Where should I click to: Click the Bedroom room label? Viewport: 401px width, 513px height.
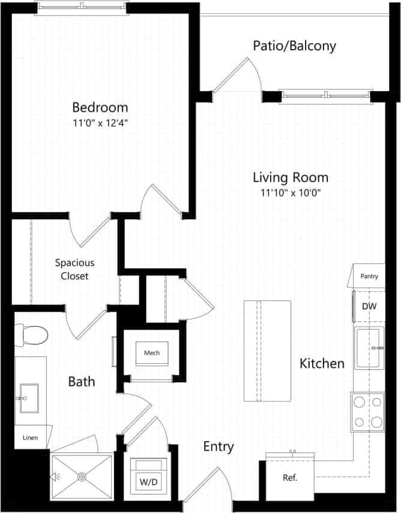[x=100, y=108]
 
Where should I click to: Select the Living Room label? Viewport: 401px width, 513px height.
[x=290, y=177]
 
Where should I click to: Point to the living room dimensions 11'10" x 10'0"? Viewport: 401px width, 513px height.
[x=290, y=192]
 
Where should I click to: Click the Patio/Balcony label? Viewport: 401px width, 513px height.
[x=294, y=46]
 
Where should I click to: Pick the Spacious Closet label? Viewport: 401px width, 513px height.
[x=74, y=269]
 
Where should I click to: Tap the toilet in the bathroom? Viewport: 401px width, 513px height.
[x=32, y=335]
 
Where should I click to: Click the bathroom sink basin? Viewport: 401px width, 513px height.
[x=28, y=398]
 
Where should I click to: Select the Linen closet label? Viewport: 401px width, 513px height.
[x=30, y=438]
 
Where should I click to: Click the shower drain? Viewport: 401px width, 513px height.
[x=82, y=477]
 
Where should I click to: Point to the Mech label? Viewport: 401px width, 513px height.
[x=152, y=352]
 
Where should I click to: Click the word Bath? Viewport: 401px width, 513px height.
[x=81, y=382]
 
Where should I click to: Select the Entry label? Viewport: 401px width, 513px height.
[x=219, y=446]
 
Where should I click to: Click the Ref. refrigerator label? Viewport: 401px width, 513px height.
[x=290, y=478]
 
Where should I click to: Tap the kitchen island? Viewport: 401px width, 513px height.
[x=267, y=351]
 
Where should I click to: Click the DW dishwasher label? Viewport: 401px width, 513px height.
[x=369, y=306]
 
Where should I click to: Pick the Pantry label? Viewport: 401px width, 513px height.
[x=369, y=276]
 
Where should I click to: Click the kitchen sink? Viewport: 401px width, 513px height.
[x=369, y=348]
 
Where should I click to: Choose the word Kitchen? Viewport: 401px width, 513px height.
[x=322, y=363]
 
